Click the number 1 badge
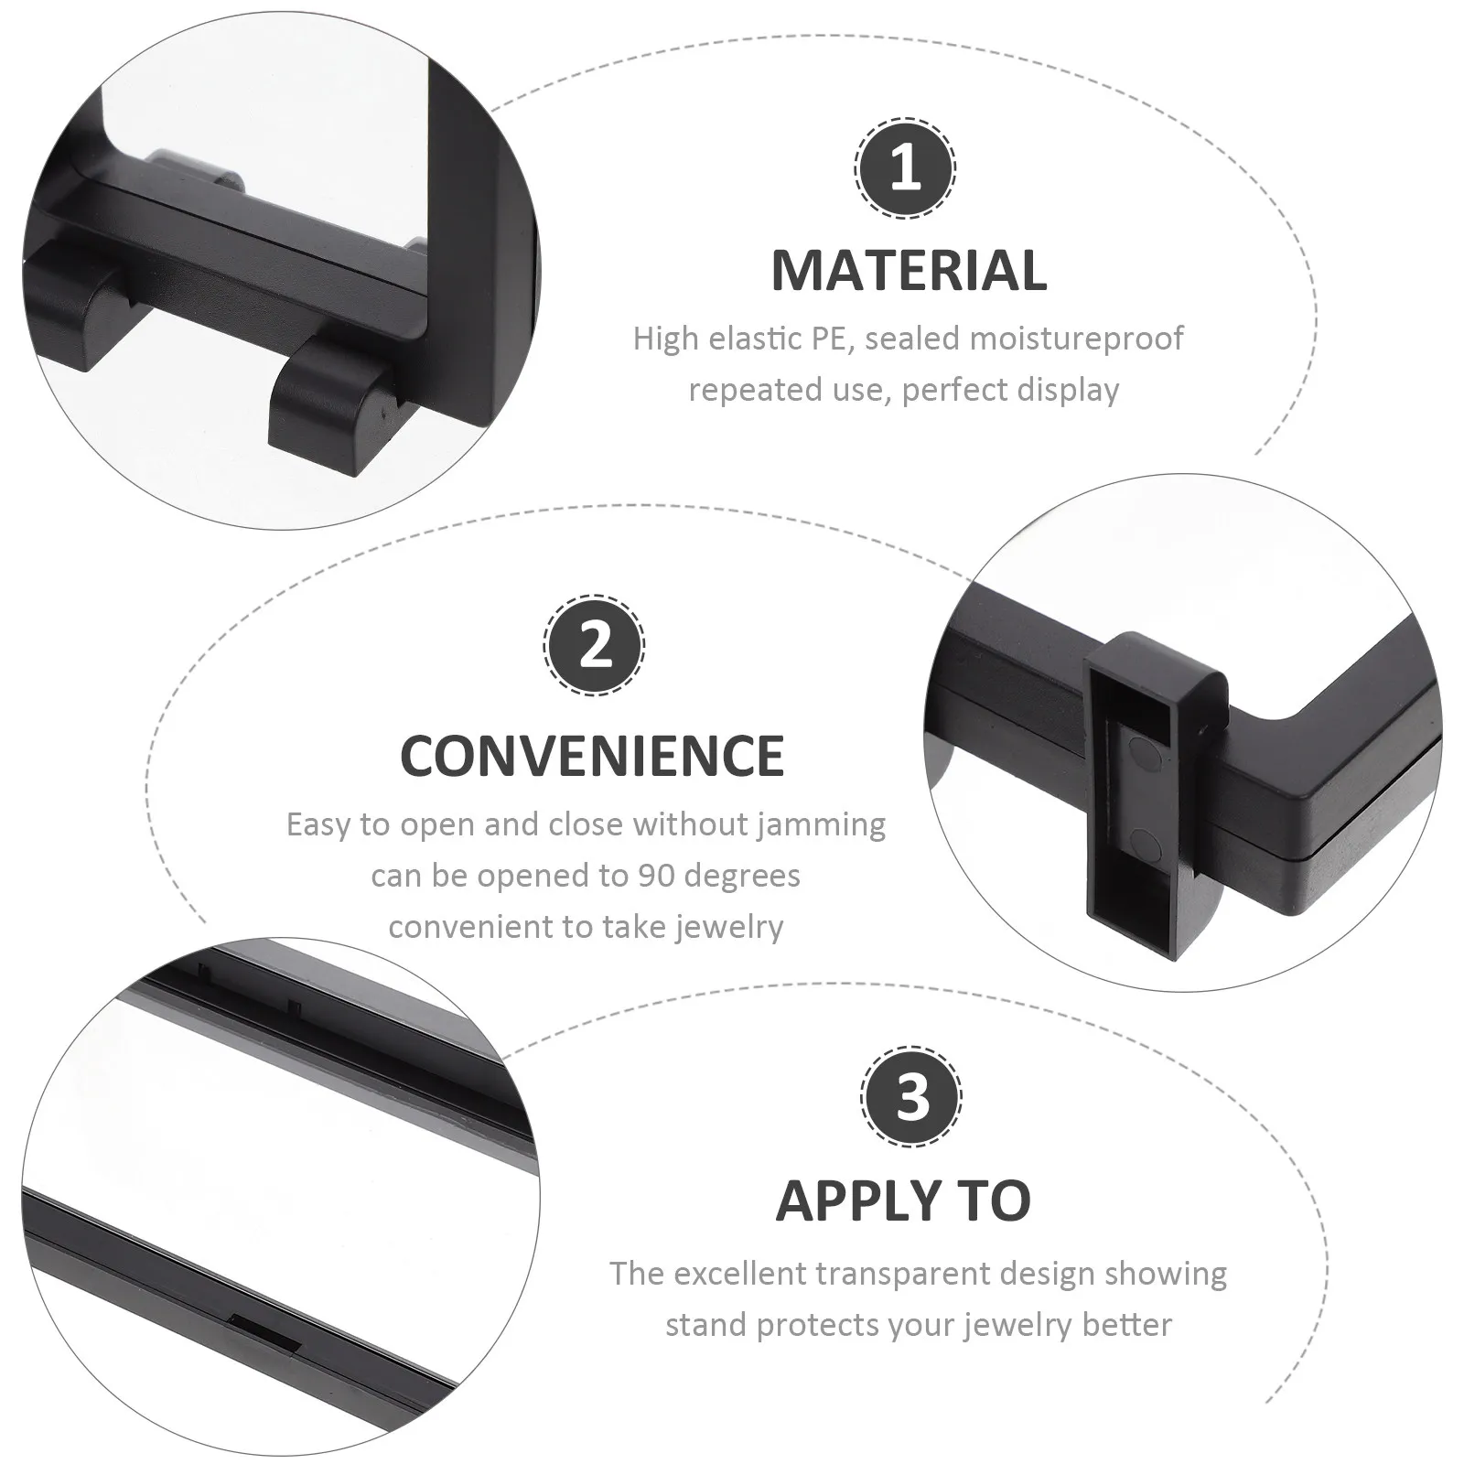tap(905, 168)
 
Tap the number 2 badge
tap(595, 644)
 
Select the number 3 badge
tap(911, 1095)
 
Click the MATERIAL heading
tap(909, 271)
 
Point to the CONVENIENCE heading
tap(592, 756)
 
